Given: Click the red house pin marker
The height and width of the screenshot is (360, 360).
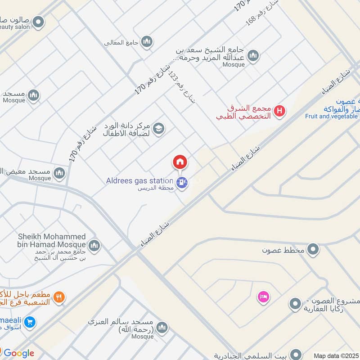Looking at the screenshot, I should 180,162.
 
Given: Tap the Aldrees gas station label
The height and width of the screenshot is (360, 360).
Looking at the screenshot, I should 139,181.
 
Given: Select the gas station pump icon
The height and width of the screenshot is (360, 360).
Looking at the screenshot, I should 182,182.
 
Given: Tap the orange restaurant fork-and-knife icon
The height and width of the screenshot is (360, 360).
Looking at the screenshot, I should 59,297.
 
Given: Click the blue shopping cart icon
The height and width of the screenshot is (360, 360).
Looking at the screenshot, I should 30,322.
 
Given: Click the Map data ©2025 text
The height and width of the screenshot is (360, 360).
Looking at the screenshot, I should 336,355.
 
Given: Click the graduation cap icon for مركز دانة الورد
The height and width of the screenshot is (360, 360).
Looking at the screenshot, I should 158,129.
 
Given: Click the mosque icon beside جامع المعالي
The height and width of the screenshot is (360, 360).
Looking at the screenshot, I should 147,42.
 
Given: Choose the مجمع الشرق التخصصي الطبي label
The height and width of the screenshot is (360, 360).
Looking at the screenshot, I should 243,112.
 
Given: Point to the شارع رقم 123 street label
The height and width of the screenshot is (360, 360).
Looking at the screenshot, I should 182,87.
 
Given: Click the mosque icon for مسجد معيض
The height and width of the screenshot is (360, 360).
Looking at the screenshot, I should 59,173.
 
